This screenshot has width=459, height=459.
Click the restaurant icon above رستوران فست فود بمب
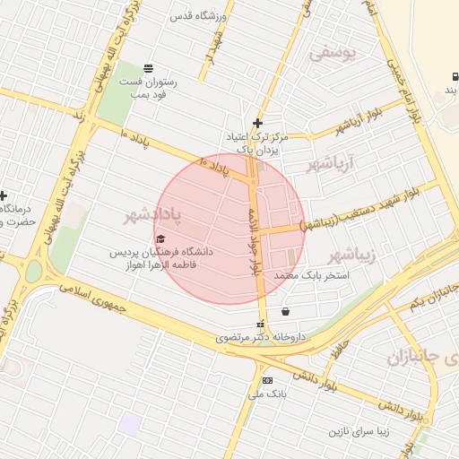point(148,69)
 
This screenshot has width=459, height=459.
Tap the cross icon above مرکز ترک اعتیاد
point(258,123)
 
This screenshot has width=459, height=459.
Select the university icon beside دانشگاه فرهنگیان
point(160,238)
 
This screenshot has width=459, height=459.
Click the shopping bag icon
point(285,312)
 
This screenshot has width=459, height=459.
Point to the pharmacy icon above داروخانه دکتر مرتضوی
point(261,325)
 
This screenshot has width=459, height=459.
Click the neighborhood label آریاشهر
point(332,163)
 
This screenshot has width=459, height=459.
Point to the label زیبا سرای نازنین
point(361,431)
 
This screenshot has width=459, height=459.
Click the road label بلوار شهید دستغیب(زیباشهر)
point(369,207)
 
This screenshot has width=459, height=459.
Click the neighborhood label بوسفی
point(333,53)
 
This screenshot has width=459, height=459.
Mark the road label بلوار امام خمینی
point(397,85)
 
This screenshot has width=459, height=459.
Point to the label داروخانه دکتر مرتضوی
point(261,338)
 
